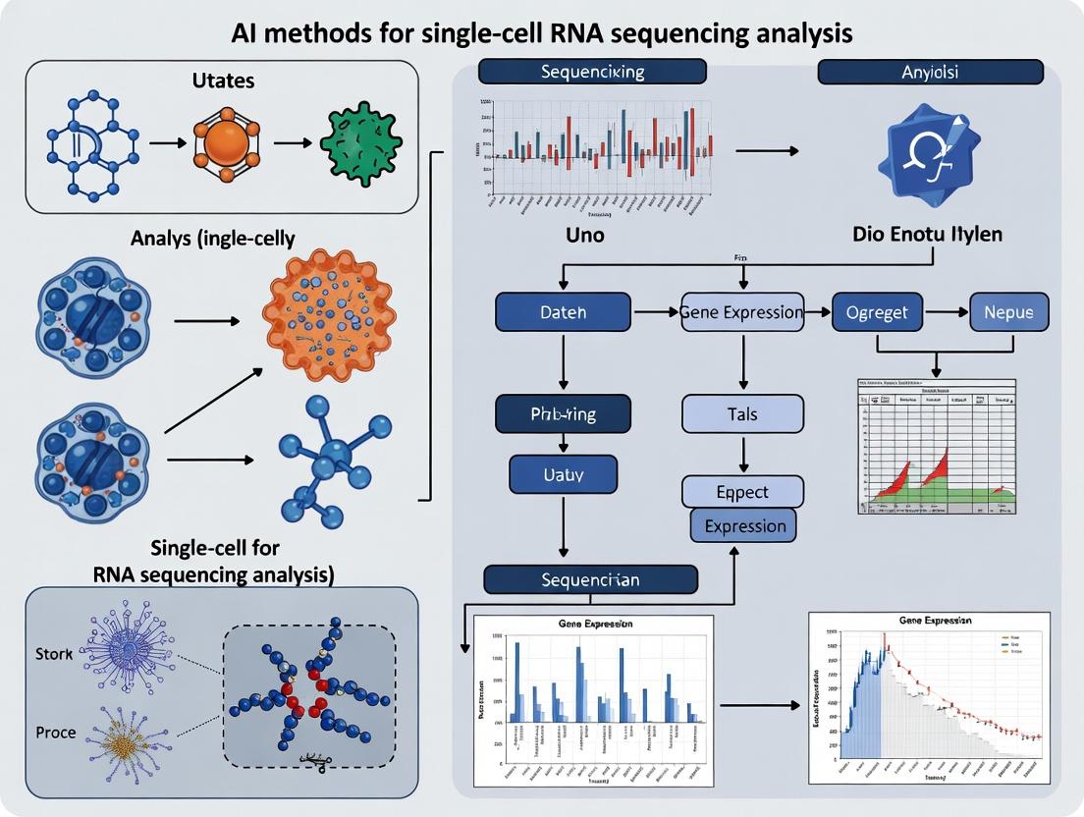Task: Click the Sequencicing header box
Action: [x=592, y=72]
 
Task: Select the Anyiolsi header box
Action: [x=930, y=72]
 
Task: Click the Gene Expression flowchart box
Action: [x=742, y=313]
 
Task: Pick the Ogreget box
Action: [x=877, y=313]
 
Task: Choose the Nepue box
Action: [x=1008, y=313]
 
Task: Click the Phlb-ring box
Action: [x=563, y=413]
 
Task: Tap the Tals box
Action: [x=742, y=413]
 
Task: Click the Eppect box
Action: [x=742, y=492]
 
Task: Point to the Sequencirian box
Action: [x=590, y=579]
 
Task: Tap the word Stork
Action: [x=53, y=653]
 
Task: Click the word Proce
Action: [x=55, y=733]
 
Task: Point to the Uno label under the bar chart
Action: [x=585, y=236]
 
